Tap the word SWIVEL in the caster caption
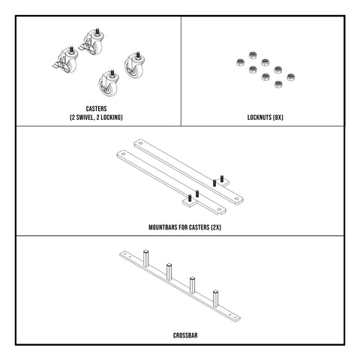click(88, 118)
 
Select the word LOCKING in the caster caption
click(113, 118)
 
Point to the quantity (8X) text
click(278, 118)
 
